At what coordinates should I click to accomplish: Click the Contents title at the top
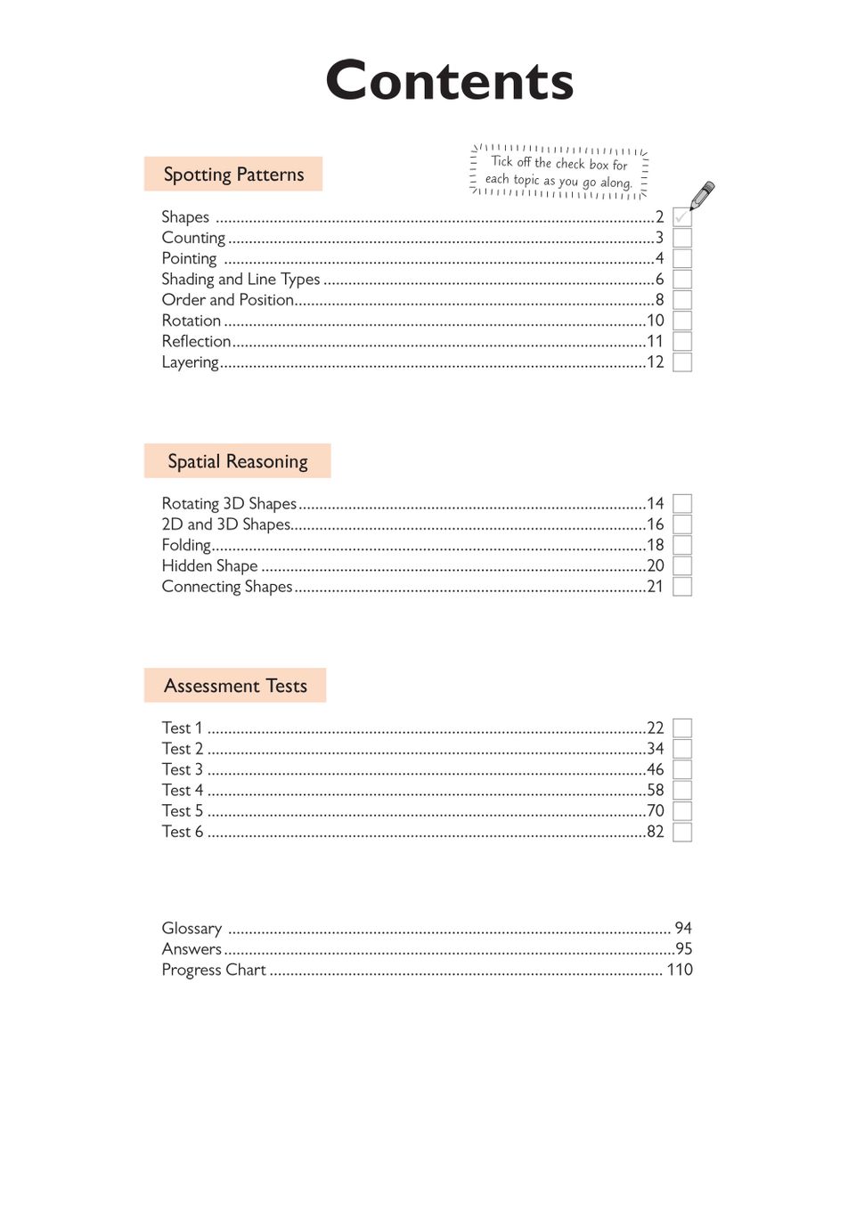[x=449, y=81]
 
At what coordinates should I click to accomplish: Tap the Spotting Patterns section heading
[x=233, y=175]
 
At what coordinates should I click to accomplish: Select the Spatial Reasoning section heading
[x=238, y=461]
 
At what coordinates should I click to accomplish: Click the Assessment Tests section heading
[x=235, y=686]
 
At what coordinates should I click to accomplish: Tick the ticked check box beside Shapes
[x=682, y=217]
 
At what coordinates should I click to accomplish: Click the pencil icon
[x=702, y=195]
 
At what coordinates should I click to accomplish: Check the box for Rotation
[x=682, y=321]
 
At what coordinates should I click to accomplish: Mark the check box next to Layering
[x=682, y=362]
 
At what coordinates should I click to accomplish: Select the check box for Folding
[x=682, y=545]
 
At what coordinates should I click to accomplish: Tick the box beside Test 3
[x=682, y=769]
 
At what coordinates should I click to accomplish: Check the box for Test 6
[x=682, y=832]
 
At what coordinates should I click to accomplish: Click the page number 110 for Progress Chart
[x=680, y=970]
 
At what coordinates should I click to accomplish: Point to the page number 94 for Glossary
[x=683, y=928]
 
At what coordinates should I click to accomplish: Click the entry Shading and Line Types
[x=240, y=280]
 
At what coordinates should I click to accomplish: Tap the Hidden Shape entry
[x=209, y=566]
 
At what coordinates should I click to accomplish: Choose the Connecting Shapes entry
[x=227, y=587]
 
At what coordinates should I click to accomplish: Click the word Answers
[x=192, y=949]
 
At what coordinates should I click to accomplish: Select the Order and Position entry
[x=228, y=300]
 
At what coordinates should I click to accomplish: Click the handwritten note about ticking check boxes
[x=559, y=172]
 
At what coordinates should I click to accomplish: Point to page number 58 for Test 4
[x=656, y=791]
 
